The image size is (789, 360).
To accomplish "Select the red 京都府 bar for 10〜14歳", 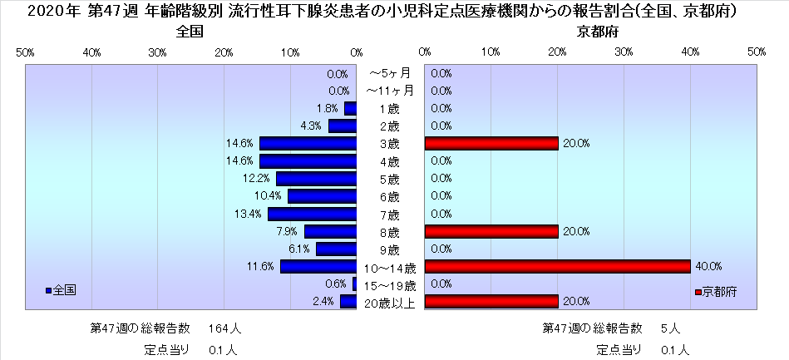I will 557,267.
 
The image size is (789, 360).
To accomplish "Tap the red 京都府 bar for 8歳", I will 491,231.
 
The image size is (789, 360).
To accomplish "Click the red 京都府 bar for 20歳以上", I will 491,302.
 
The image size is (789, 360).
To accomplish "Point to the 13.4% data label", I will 249,214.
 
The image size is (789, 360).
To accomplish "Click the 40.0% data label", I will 708,267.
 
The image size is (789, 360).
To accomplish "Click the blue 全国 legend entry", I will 62,290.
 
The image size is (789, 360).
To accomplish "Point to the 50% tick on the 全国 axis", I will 25,52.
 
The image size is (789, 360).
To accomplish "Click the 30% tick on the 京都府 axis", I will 624,52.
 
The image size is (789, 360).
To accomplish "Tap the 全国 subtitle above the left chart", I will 190,32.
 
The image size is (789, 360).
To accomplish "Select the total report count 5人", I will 673,328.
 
